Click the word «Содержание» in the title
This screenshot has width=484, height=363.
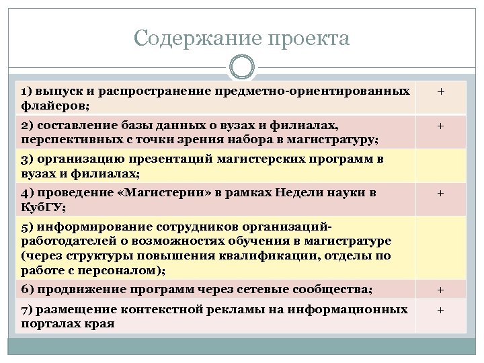click(x=192, y=38)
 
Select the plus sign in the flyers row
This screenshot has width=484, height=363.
click(x=440, y=91)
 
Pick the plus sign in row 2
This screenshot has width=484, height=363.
click(x=440, y=126)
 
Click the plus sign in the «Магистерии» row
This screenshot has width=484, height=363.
click(x=440, y=193)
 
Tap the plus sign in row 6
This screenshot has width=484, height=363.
click(x=440, y=290)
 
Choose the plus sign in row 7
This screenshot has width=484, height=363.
click(x=440, y=310)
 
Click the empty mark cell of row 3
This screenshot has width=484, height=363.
click(x=440, y=165)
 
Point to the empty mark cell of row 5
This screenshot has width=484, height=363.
click(x=440, y=247)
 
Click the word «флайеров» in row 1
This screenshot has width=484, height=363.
click(x=54, y=106)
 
